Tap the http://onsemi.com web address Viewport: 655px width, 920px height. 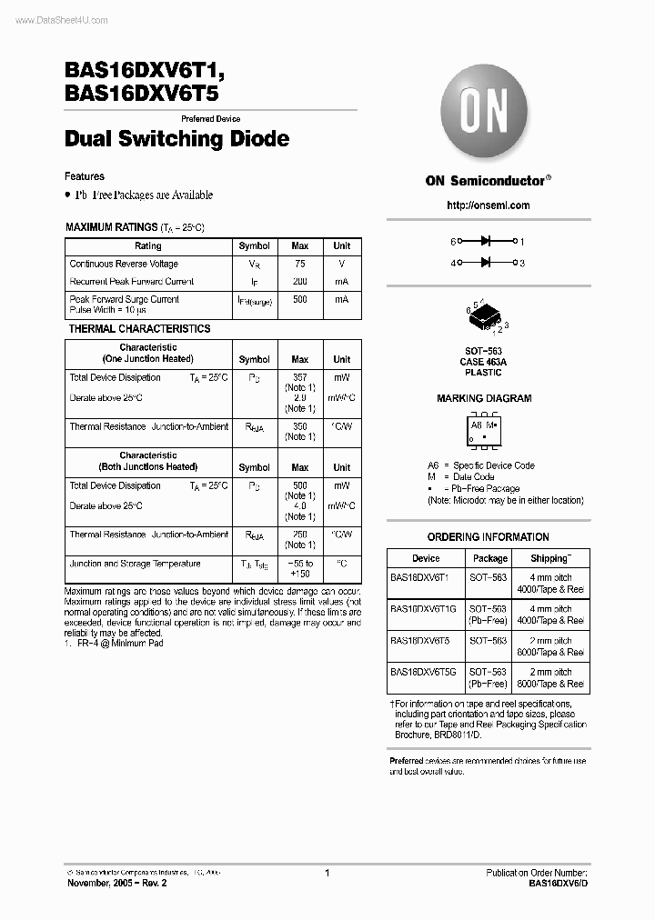tap(488, 205)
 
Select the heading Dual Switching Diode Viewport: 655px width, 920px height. tap(177, 139)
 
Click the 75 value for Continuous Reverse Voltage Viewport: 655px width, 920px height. tap(299, 264)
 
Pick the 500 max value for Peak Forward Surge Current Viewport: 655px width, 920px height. tap(299, 299)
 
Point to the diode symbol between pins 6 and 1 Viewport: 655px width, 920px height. tap(486, 242)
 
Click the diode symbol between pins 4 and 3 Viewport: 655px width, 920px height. tap(486, 263)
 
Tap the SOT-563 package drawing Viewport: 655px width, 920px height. tap(488, 318)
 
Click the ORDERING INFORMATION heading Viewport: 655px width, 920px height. tap(488, 537)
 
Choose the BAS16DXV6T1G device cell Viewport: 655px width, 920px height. tap(424, 609)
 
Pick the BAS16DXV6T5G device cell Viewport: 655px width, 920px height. tap(424, 673)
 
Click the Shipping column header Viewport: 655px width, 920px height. tap(551, 558)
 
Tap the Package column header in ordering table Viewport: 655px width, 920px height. tap(490, 558)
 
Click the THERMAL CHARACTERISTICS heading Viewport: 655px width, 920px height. tap(139, 329)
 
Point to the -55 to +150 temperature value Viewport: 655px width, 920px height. tap(299, 569)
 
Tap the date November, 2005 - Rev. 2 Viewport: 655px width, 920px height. tap(116, 883)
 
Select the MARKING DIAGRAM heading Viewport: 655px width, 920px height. tap(484, 398)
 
